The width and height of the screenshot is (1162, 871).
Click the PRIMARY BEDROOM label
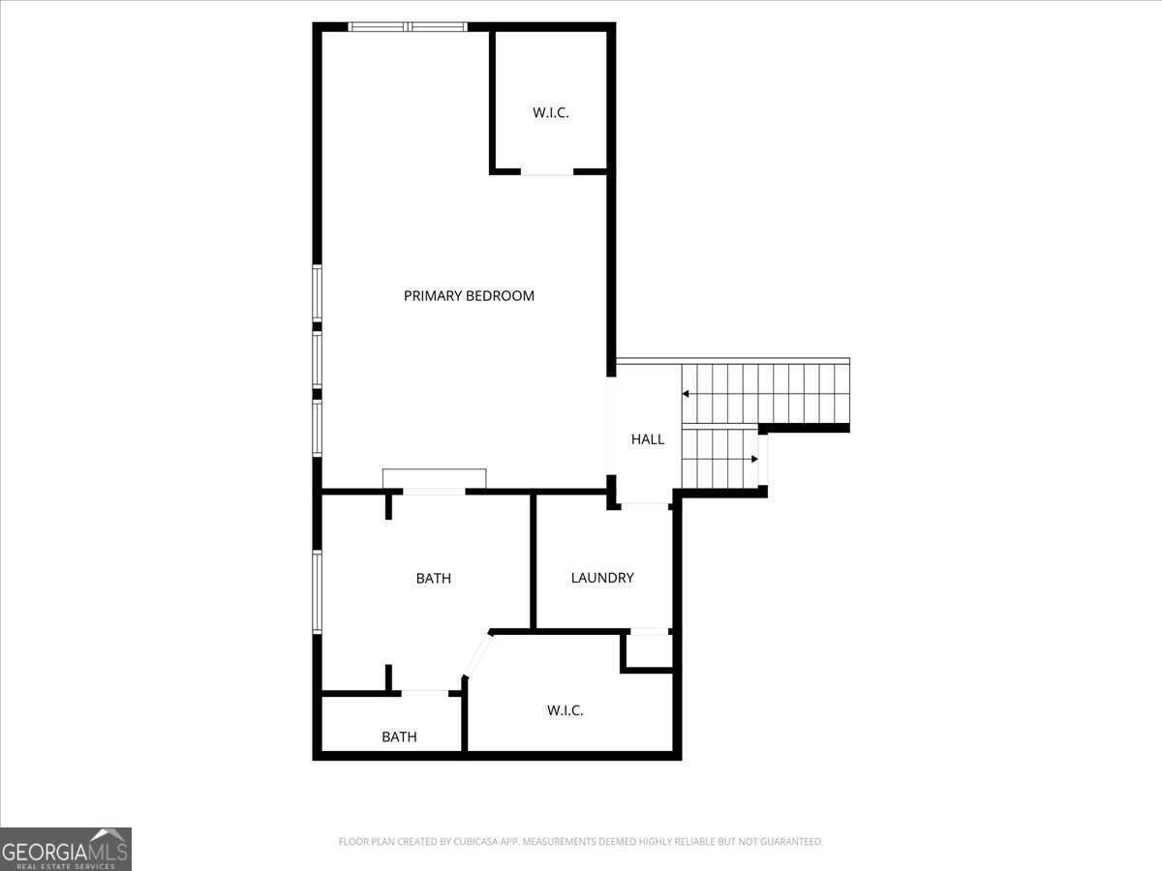coord(469,295)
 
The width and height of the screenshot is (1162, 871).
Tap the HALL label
coord(648,439)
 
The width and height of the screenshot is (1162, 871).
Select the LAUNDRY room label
coord(602,578)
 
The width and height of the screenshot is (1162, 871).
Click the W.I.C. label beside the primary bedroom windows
coord(551,112)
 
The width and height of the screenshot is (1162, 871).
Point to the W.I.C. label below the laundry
coord(565,710)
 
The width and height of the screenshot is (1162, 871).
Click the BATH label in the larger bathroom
coord(434,578)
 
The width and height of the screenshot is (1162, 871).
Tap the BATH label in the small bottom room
coord(399,736)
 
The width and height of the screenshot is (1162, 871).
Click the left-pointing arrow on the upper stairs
coord(686,394)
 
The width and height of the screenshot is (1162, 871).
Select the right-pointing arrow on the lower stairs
coord(754,459)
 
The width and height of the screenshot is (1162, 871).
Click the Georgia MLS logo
coord(66,849)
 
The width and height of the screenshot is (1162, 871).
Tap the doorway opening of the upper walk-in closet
coord(547,172)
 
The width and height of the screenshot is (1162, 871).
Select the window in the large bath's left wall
coord(317,591)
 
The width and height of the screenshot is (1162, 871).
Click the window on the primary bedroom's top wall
coord(408,27)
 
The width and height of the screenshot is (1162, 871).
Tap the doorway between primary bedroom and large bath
coord(434,492)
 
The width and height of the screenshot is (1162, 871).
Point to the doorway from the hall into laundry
coord(645,505)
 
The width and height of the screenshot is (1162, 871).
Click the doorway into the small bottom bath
coord(424,693)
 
